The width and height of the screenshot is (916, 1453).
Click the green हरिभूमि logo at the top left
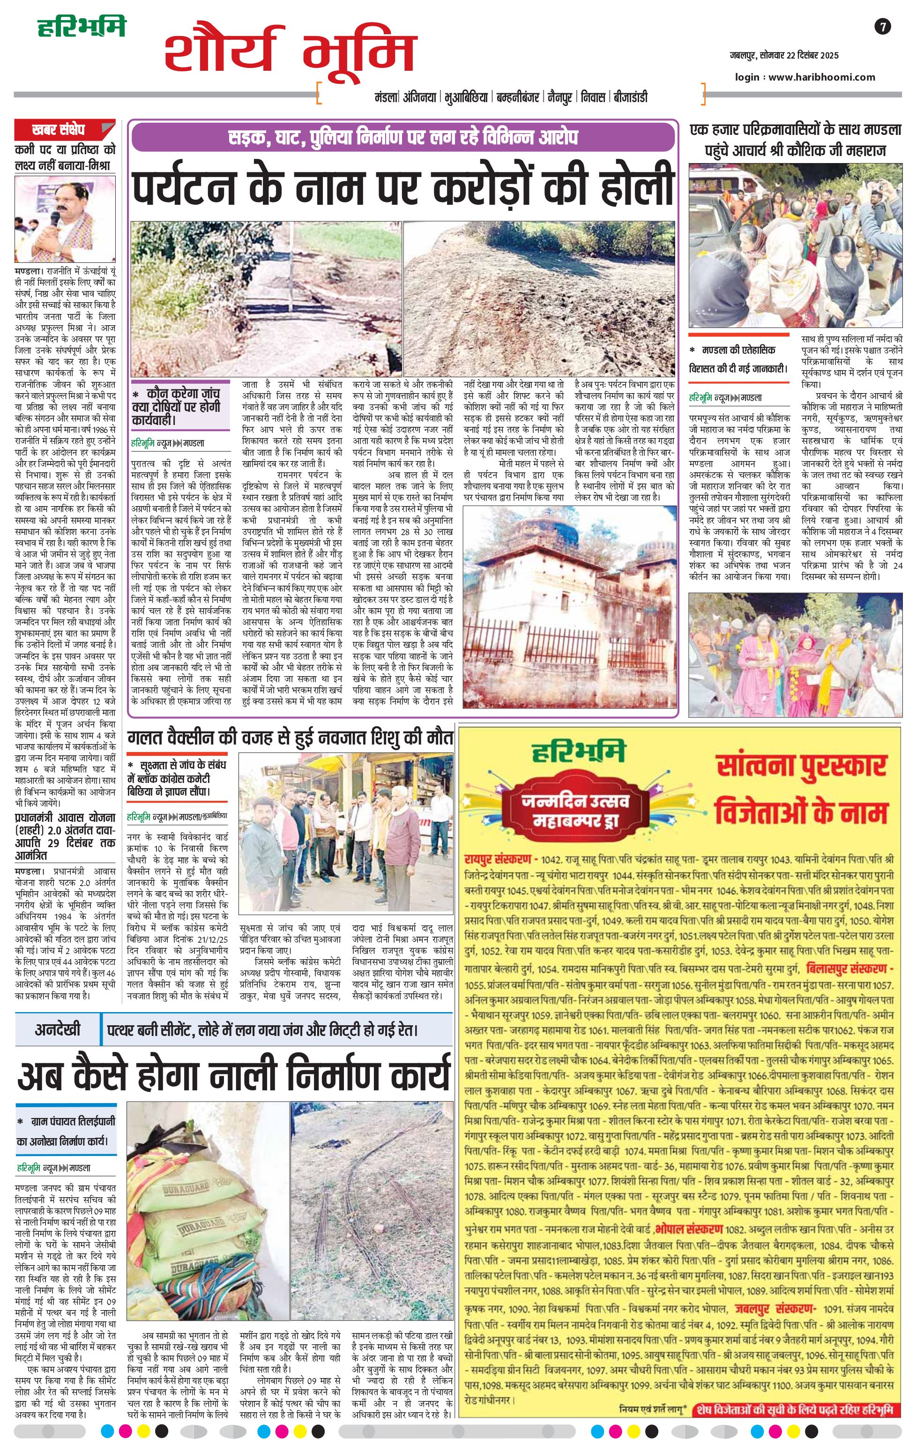[82, 28]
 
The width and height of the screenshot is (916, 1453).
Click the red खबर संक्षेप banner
[59, 129]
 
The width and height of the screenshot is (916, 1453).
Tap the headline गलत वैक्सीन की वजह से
[290, 738]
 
